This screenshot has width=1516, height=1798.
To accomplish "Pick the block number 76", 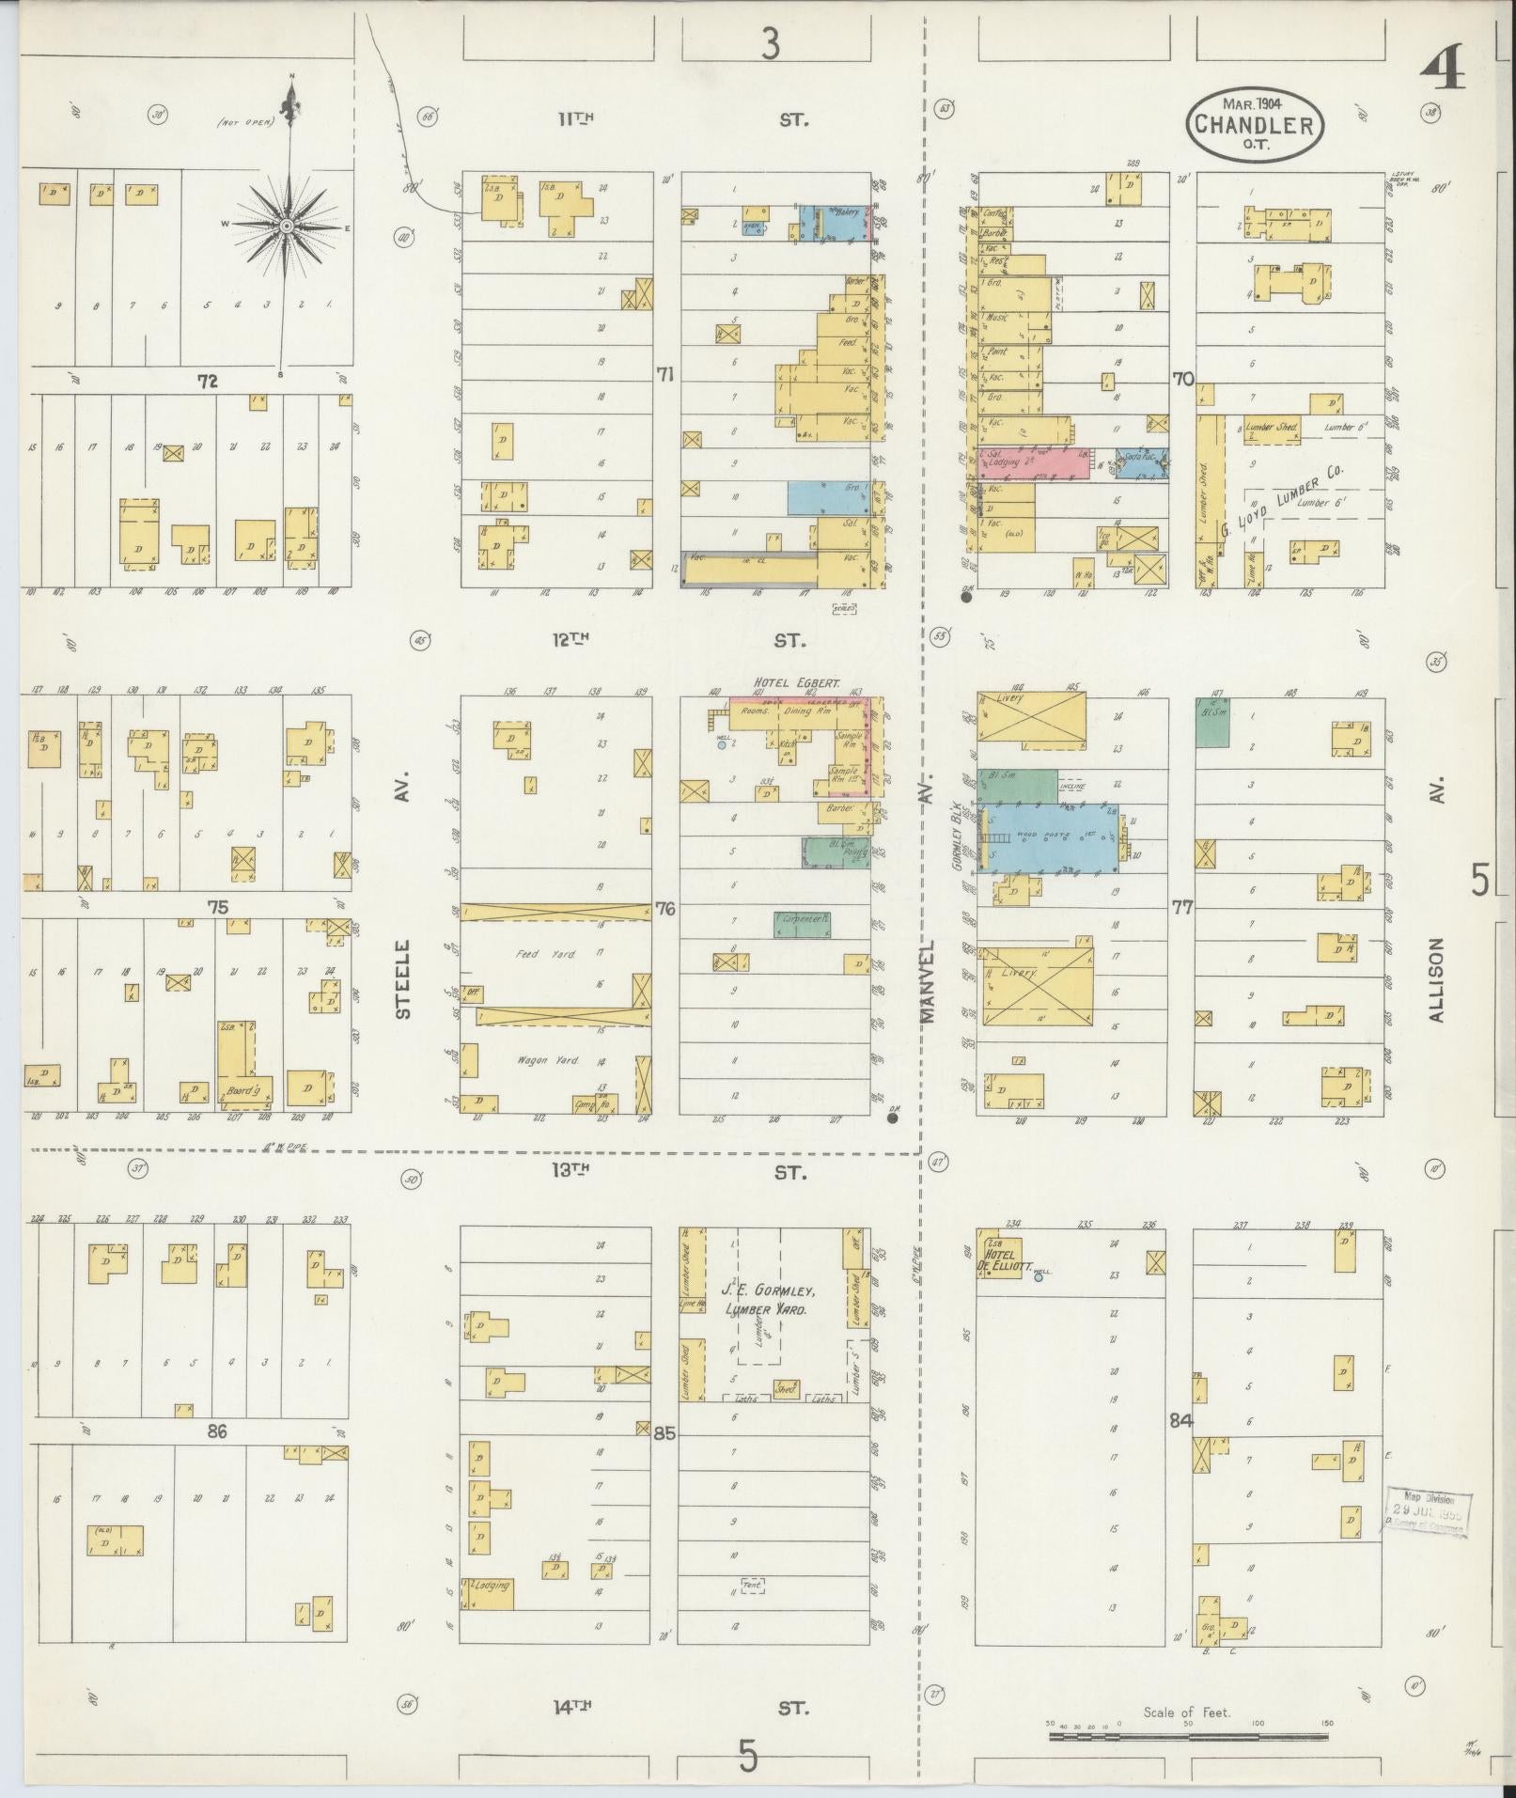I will click(665, 909).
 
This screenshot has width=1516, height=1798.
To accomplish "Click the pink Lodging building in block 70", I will click(1033, 462).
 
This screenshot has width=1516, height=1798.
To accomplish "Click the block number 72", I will click(208, 382).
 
